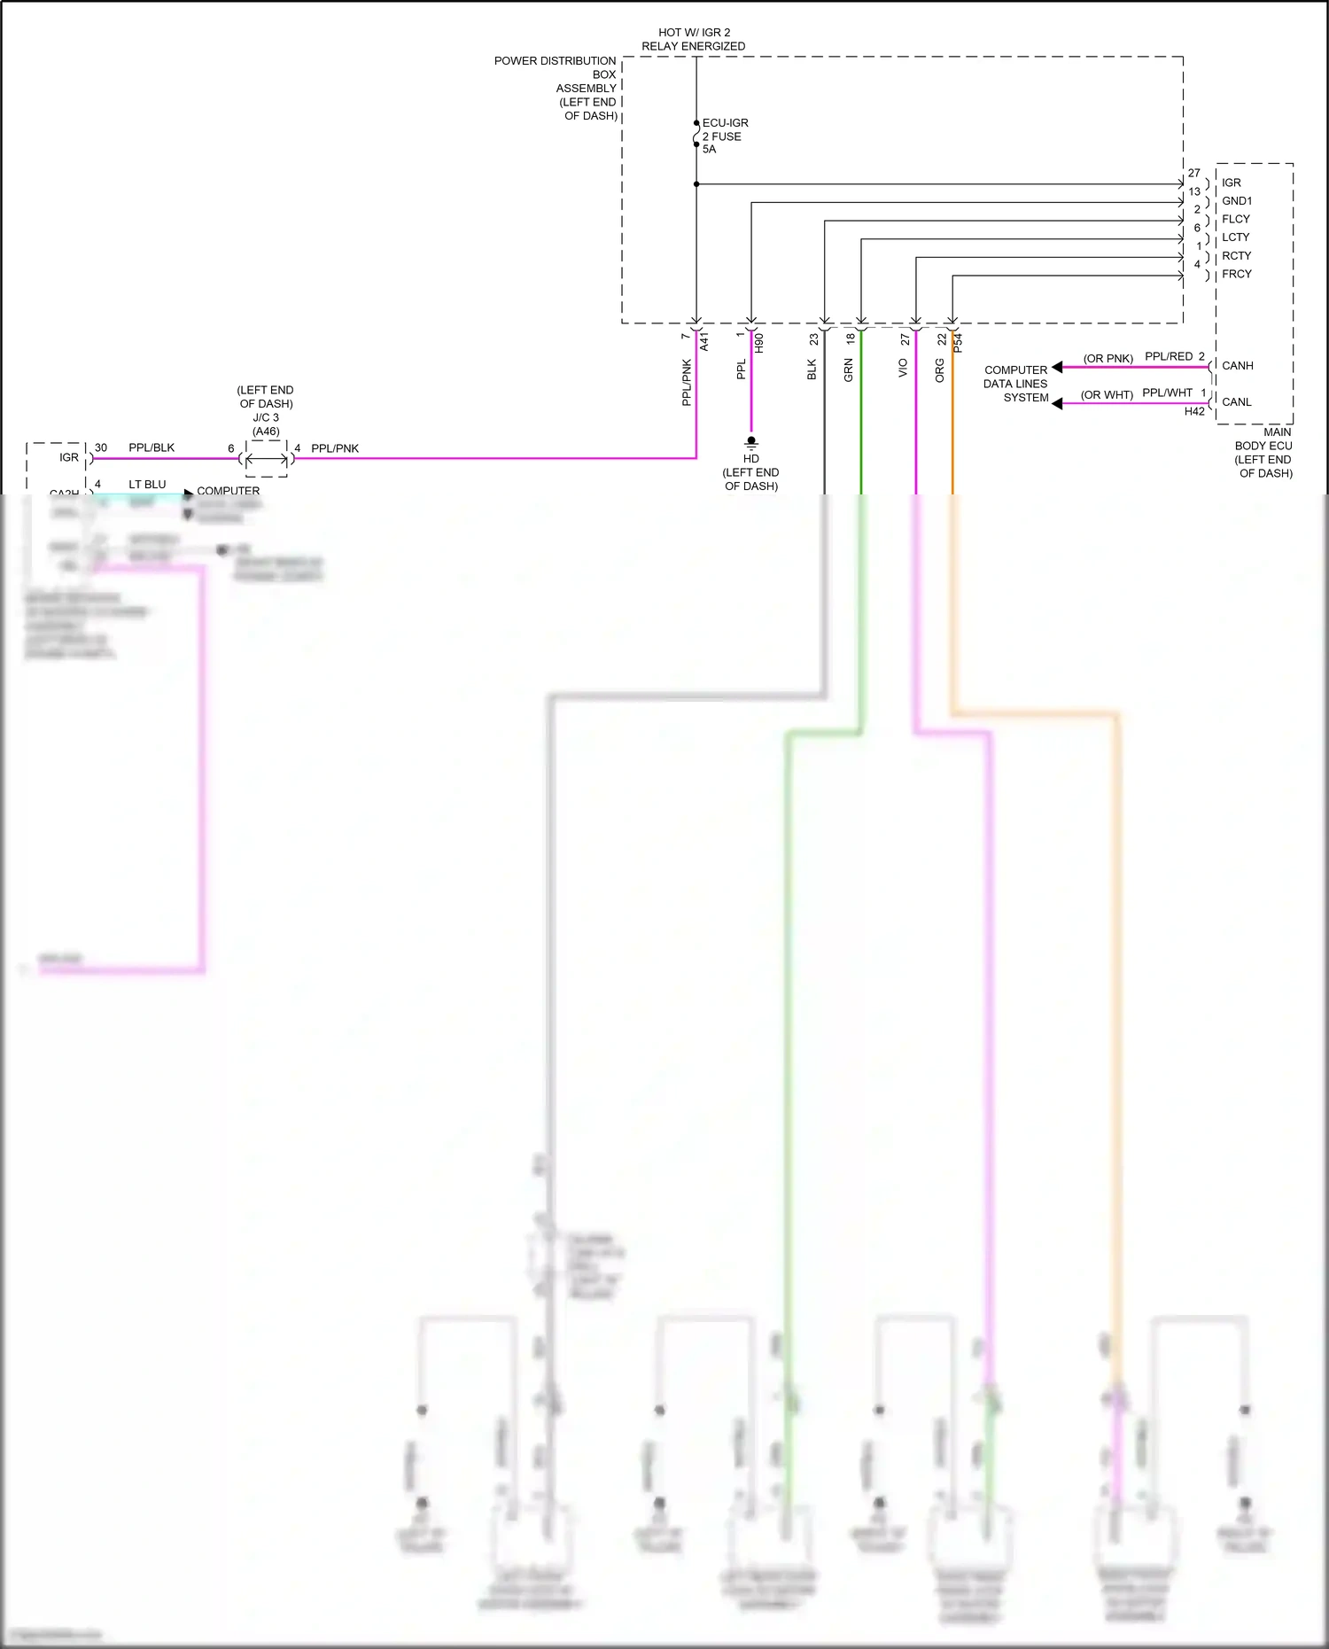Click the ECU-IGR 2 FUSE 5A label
724,136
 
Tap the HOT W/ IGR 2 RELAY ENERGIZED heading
694,39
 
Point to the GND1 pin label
1237,201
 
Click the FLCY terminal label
1236,219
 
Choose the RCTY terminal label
1236,256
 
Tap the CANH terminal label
1237,366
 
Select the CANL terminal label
1236,402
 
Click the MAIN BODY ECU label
1264,452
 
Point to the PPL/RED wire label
1169,356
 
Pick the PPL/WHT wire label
1167,393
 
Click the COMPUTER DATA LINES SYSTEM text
1016,384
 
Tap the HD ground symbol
751,441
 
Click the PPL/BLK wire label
152,447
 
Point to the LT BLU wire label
147,485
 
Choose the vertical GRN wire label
848,370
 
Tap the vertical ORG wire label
940,370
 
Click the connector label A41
704,342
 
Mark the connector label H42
1194,411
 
